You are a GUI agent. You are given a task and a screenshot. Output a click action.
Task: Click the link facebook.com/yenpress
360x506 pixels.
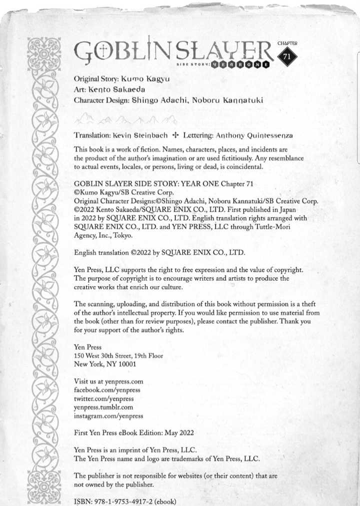coord(107,390)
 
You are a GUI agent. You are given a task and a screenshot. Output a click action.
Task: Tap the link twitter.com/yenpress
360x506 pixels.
coord(103,399)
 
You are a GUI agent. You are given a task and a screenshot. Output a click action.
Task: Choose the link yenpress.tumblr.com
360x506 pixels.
coord(103,407)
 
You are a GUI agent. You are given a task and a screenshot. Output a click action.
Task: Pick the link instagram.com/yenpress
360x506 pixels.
coord(108,416)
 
